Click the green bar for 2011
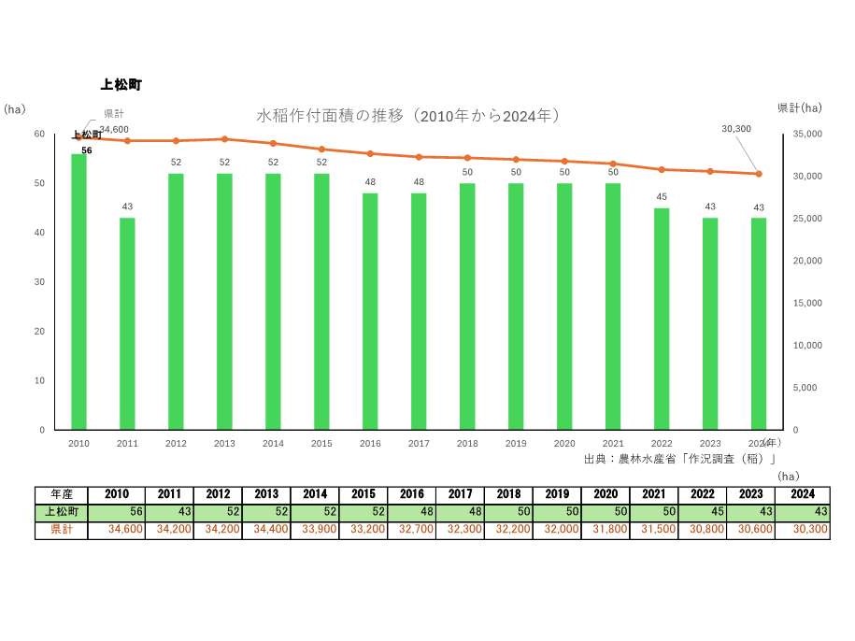[127, 323]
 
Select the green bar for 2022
[662, 319]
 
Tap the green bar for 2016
[370, 311]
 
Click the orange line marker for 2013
[224, 139]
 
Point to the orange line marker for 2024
[759, 174]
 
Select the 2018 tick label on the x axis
[467, 444]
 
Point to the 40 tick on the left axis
[39, 233]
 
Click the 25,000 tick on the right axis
[807, 219]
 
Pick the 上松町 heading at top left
[121, 85]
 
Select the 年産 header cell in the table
[63, 494]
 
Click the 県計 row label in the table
[63, 530]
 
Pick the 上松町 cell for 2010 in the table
[118, 512]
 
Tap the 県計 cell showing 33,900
[315, 530]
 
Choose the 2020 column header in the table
[606, 494]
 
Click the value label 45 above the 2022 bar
[662, 197]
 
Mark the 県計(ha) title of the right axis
[799, 108]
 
